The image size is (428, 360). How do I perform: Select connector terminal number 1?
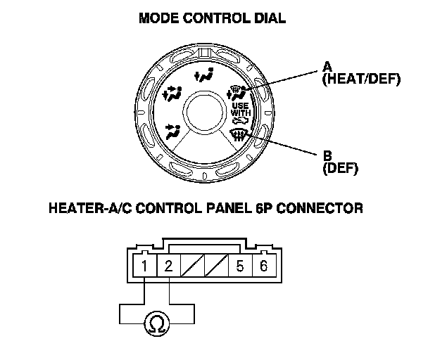(144, 266)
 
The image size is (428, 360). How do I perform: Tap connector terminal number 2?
(169, 266)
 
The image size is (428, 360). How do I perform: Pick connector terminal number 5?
(239, 266)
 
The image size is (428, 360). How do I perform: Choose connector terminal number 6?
(263, 266)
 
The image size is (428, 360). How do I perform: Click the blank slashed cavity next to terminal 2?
(192, 266)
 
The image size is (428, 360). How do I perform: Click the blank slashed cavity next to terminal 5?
(216, 266)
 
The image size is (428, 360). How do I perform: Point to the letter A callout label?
(326, 67)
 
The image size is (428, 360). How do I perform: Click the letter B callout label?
(326, 154)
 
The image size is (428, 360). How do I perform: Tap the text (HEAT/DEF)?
(360, 79)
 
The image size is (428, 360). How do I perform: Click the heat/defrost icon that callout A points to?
(237, 91)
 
